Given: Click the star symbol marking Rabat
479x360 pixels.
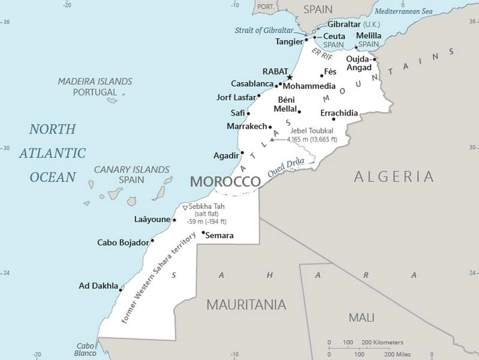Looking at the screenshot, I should click(289, 77).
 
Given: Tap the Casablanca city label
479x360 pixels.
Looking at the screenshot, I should click(252, 83).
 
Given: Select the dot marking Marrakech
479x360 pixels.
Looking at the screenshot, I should click(270, 127).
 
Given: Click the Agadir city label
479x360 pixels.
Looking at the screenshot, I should click(226, 156).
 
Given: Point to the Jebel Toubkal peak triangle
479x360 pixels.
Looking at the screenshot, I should click(272, 139).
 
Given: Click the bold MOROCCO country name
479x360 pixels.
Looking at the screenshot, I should click(225, 181).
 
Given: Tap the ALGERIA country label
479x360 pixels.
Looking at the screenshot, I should click(393, 177).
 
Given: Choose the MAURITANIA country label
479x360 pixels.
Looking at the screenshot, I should click(246, 305).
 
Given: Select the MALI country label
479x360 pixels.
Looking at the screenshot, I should click(361, 318).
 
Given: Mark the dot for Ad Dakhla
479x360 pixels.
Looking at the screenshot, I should click(120, 290).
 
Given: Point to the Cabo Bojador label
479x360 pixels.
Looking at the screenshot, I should click(122, 242).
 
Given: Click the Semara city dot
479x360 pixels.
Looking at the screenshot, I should click(203, 233).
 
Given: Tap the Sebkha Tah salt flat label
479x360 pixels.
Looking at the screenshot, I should click(208, 207).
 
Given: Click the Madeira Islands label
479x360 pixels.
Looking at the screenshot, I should click(94, 81).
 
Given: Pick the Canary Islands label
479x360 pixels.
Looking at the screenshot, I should click(131, 170).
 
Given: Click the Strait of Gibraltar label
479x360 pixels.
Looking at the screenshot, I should click(264, 30).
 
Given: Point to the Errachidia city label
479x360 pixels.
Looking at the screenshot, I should click(339, 112).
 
